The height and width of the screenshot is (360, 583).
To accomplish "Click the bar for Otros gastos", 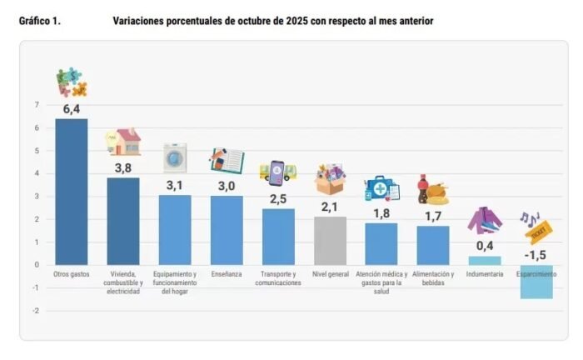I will click(x=71, y=191).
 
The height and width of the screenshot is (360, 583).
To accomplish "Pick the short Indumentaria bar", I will click(x=484, y=260).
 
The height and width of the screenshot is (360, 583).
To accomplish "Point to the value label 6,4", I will click(x=71, y=108).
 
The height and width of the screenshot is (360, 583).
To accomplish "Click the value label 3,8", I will click(x=122, y=167).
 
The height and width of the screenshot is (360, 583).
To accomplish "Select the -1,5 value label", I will click(x=536, y=255).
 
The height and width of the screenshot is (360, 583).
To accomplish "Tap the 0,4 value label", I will click(x=484, y=246).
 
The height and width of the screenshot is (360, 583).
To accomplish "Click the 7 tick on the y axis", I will click(x=36, y=105).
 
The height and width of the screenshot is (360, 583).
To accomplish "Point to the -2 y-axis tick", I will click(x=35, y=311).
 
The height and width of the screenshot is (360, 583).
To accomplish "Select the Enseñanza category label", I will click(x=227, y=274).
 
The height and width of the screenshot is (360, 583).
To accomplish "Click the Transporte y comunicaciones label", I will click(x=278, y=278).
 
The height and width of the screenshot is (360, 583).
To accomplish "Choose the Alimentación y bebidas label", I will click(x=433, y=278).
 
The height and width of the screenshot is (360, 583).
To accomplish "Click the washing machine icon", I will click(x=175, y=157).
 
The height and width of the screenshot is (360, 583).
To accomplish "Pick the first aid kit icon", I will click(x=381, y=188).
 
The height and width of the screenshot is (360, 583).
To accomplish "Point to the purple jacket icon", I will click(x=484, y=220).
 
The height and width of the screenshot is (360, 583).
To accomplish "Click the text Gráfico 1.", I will click(x=39, y=21).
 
